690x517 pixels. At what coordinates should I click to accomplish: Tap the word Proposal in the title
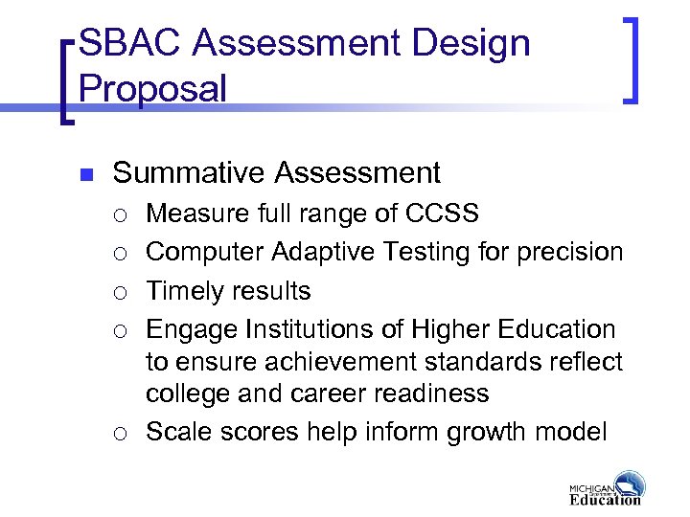[153, 89]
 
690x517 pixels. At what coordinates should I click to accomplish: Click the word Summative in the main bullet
[189, 173]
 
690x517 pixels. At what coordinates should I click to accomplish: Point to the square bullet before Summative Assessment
[84, 175]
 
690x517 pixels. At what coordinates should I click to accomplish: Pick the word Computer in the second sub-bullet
[205, 252]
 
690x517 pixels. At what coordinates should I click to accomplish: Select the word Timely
[184, 291]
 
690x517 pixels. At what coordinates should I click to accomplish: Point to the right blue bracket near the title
[632, 57]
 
